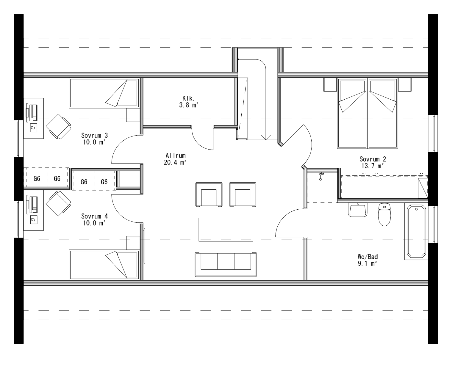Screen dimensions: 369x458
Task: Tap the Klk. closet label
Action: click(188, 98)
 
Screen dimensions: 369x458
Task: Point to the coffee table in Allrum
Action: click(226, 229)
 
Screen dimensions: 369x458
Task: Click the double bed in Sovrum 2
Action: click(368, 113)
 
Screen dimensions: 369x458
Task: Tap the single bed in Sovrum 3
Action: click(104, 93)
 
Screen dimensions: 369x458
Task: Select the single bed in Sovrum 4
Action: click(104, 265)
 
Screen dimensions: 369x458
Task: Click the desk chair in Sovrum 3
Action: click(59, 126)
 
